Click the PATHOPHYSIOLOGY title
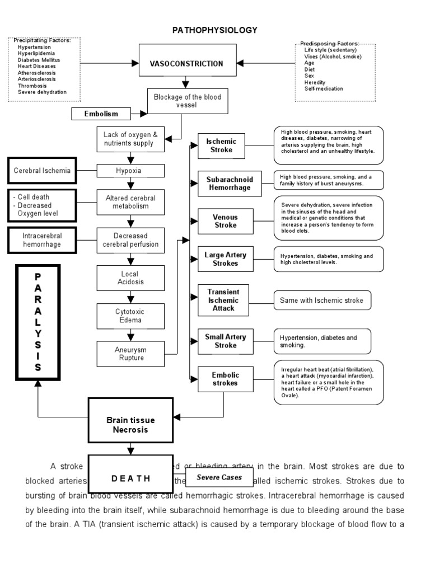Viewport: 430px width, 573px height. (x=214, y=30)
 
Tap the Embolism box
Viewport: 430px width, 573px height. (x=101, y=114)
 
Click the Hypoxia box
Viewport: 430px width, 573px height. (x=131, y=171)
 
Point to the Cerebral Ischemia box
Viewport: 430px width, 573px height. (x=42, y=171)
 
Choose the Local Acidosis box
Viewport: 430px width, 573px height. (x=131, y=278)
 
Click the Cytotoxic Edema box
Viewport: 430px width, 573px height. (x=131, y=316)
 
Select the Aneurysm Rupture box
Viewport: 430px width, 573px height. (x=131, y=354)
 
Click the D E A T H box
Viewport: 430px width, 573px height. (x=130, y=478)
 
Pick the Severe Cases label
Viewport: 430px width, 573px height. (x=211, y=477)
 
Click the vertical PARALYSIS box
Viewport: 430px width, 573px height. (x=38, y=322)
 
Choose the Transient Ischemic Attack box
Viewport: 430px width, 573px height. (x=223, y=300)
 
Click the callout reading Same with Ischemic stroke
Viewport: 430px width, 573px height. (x=322, y=300)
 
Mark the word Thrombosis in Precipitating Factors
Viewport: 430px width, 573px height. (x=32, y=86)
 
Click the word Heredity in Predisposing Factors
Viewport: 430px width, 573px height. (x=316, y=83)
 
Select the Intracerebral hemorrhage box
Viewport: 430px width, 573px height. (x=42, y=240)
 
